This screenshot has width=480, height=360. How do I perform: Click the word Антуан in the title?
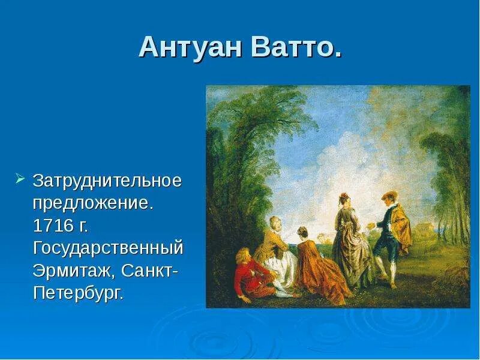(x=190, y=47)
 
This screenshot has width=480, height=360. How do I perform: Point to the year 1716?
(x=53, y=226)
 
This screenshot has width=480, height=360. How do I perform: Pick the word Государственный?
(x=108, y=248)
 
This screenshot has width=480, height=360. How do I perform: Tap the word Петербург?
(x=79, y=293)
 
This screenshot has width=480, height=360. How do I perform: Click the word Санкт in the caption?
(x=147, y=271)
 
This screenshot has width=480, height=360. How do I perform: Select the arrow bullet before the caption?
(x=20, y=178)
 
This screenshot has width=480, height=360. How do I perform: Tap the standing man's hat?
(x=389, y=195)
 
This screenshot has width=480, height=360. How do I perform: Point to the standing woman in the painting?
(x=350, y=242)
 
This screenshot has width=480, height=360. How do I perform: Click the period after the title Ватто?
(x=337, y=55)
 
